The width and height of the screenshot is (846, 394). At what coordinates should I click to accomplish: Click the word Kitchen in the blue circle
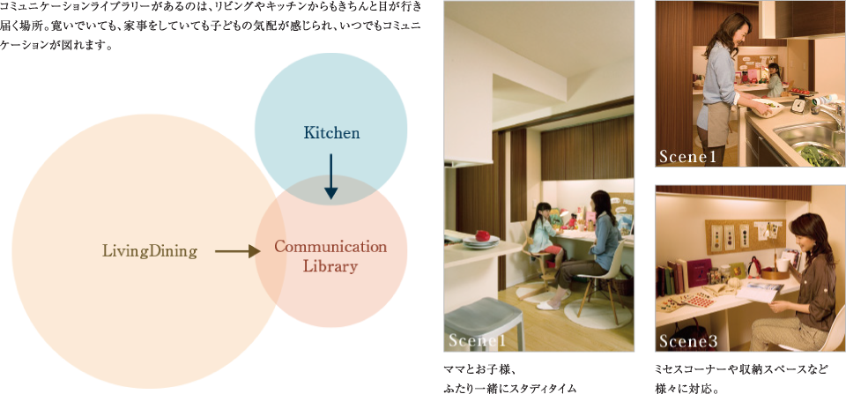(331, 133)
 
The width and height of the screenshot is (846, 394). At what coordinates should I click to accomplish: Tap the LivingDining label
(150, 251)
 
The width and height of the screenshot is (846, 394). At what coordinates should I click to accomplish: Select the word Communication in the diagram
(330, 247)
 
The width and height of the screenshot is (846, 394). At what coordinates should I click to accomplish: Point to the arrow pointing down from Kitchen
(330, 176)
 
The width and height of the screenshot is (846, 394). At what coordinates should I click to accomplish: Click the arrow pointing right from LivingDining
(238, 251)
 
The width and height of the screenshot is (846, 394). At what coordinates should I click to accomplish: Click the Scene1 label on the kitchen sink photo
(687, 157)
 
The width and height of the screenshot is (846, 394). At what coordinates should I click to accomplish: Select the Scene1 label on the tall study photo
(477, 341)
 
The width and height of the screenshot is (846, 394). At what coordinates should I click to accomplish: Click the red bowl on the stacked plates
(482, 236)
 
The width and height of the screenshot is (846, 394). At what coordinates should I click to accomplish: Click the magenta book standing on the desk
(699, 273)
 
